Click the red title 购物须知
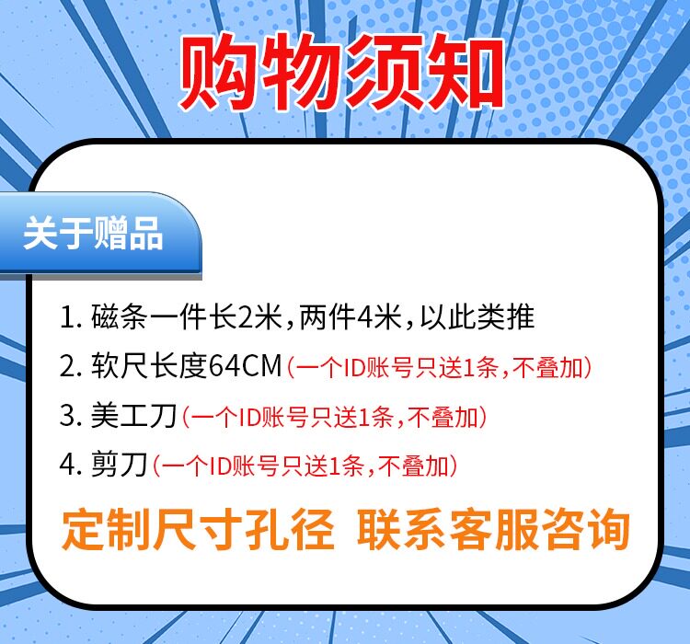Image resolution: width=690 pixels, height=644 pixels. pos(341,72)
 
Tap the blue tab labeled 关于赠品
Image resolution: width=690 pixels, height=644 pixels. pos(100,235)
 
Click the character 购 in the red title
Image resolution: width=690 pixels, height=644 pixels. pos(218,72)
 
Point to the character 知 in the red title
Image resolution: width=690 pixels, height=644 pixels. pos(466,72)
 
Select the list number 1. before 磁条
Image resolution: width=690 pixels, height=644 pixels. pos(71,316)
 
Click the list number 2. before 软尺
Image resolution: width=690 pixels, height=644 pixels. pos(71,367)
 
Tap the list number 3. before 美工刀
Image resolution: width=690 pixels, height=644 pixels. pos(71,416)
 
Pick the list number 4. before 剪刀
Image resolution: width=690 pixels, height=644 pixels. pos(71,465)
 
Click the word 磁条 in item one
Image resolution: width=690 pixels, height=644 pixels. pos(120,316)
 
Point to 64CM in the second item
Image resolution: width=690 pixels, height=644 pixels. pos(245,366)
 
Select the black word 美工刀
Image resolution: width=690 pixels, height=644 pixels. pos(133,416)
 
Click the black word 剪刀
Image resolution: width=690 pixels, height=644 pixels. pos(120,465)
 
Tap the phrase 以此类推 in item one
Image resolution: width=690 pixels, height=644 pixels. pos(477,316)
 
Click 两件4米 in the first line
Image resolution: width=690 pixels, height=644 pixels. pos(351,316)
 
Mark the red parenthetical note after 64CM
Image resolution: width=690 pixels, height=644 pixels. pos(439,367)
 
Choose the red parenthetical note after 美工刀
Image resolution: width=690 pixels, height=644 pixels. pos(335,417)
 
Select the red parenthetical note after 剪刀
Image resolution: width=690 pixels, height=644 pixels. pos(305,466)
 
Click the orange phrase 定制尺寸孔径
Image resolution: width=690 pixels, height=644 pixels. pos(197,530)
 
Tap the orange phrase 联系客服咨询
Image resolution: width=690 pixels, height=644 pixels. pos(493,530)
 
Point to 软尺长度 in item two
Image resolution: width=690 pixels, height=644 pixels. pos(149,366)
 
